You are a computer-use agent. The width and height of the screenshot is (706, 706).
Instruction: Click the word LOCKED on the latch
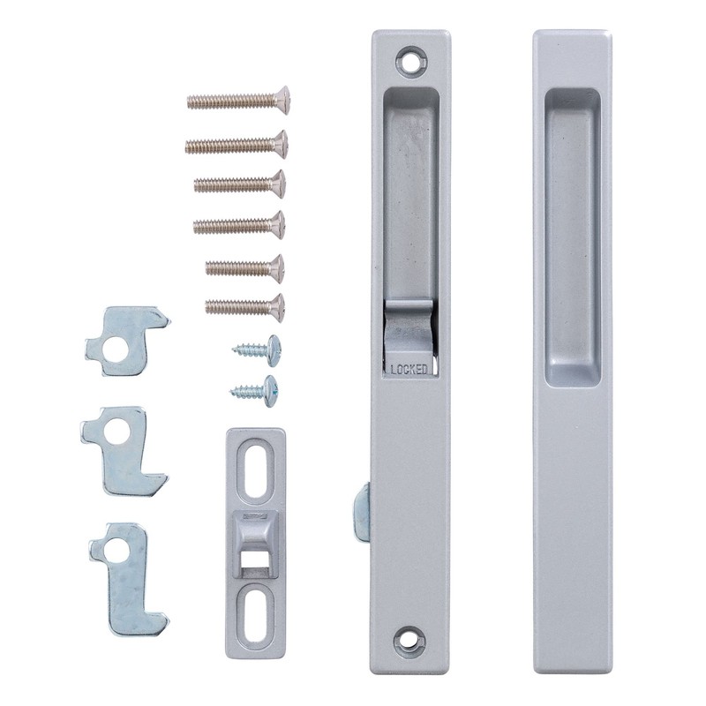409,369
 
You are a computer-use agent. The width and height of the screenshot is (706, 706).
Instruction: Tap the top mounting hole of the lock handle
409,61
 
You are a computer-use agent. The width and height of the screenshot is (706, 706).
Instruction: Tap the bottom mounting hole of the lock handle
409,641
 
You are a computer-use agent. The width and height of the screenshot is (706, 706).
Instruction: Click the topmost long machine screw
237,99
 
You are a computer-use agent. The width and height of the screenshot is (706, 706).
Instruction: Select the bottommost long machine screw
244,306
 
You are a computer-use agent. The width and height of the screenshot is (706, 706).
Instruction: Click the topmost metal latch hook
123,339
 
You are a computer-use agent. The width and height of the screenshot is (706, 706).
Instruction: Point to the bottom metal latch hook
125,578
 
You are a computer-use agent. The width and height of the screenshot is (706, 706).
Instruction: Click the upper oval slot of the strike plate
253,468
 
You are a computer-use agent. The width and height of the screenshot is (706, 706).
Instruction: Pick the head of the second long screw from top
278,142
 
